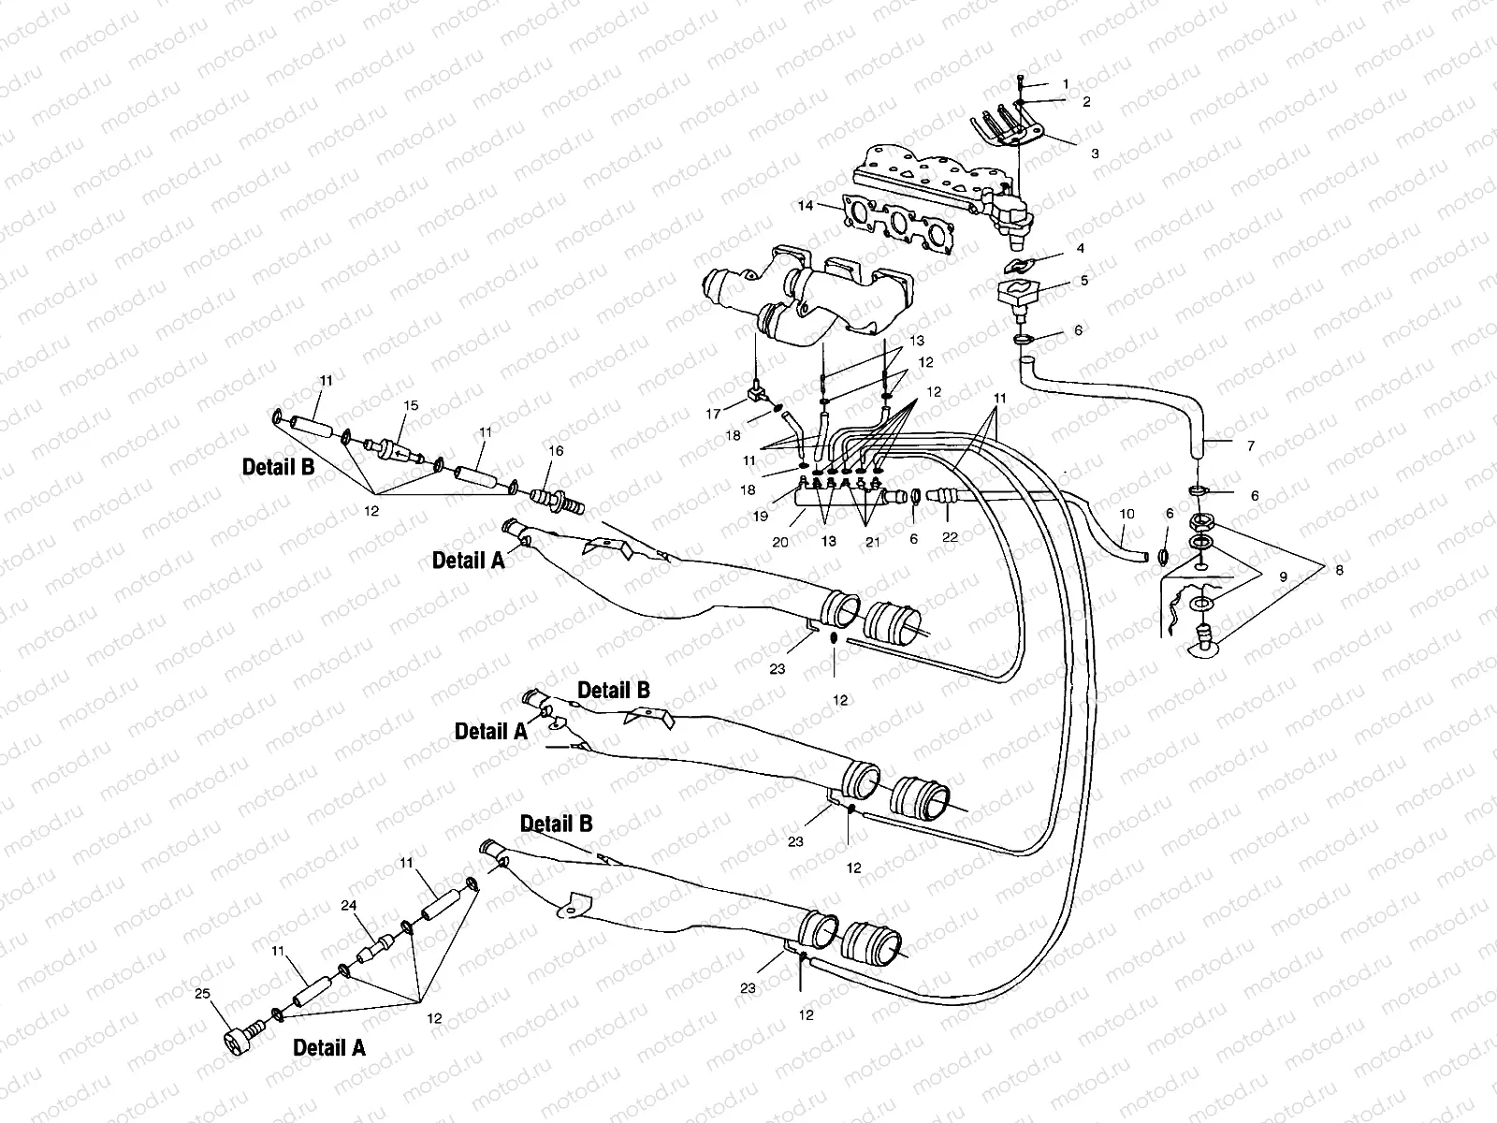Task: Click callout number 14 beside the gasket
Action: (x=804, y=204)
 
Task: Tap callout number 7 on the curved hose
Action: (x=1250, y=446)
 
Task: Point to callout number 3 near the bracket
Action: (x=1095, y=153)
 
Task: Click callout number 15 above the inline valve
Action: (x=411, y=405)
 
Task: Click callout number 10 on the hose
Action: (x=1126, y=514)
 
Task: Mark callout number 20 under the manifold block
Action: (x=780, y=542)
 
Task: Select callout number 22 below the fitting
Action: (x=951, y=538)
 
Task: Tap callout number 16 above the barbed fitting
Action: (x=556, y=451)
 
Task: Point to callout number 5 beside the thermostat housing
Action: (x=1084, y=280)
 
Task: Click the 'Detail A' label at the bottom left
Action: (x=329, y=1048)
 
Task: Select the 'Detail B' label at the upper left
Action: (x=279, y=468)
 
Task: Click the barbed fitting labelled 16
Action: (x=558, y=498)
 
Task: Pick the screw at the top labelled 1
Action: (x=1019, y=83)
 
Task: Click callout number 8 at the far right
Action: (x=1339, y=570)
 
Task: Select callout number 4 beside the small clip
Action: (x=1080, y=249)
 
